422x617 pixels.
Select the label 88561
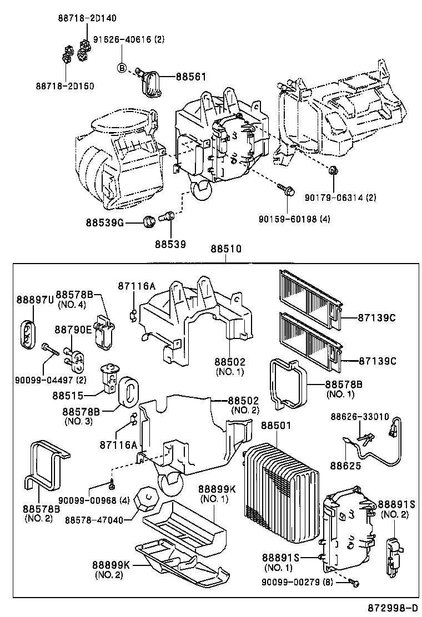pyautogui.click(x=191, y=78)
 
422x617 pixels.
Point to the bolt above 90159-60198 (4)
pyautogui.click(x=288, y=191)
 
